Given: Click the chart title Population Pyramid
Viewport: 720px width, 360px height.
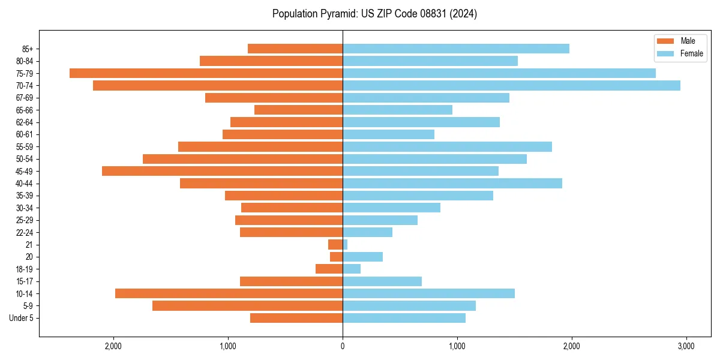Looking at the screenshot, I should [x=374, y=14].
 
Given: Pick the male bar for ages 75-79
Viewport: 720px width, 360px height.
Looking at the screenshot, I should [x=206, y=73].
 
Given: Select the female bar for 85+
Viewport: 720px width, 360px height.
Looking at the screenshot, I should [x=456, y=49].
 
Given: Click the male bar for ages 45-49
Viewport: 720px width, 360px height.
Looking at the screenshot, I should [x=222, y=171].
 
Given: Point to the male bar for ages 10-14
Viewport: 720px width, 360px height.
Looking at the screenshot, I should [x=229, y=293].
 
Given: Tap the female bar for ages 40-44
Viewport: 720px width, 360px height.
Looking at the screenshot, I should [x=452, y=184].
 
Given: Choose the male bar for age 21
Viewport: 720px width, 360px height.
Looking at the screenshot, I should [x=335, y=245].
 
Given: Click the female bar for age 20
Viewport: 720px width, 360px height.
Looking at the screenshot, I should [x=362, y=257].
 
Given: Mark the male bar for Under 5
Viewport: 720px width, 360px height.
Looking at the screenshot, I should [x=296, y=318].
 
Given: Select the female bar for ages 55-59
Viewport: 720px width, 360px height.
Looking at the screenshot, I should [x=447, y=147].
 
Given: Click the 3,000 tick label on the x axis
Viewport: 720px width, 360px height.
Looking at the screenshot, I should [x=686, y=346].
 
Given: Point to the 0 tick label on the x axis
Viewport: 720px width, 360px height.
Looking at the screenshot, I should [x=343, y=346].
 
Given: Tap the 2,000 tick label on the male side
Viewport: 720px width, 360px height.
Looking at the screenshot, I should [x=113, y=346].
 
